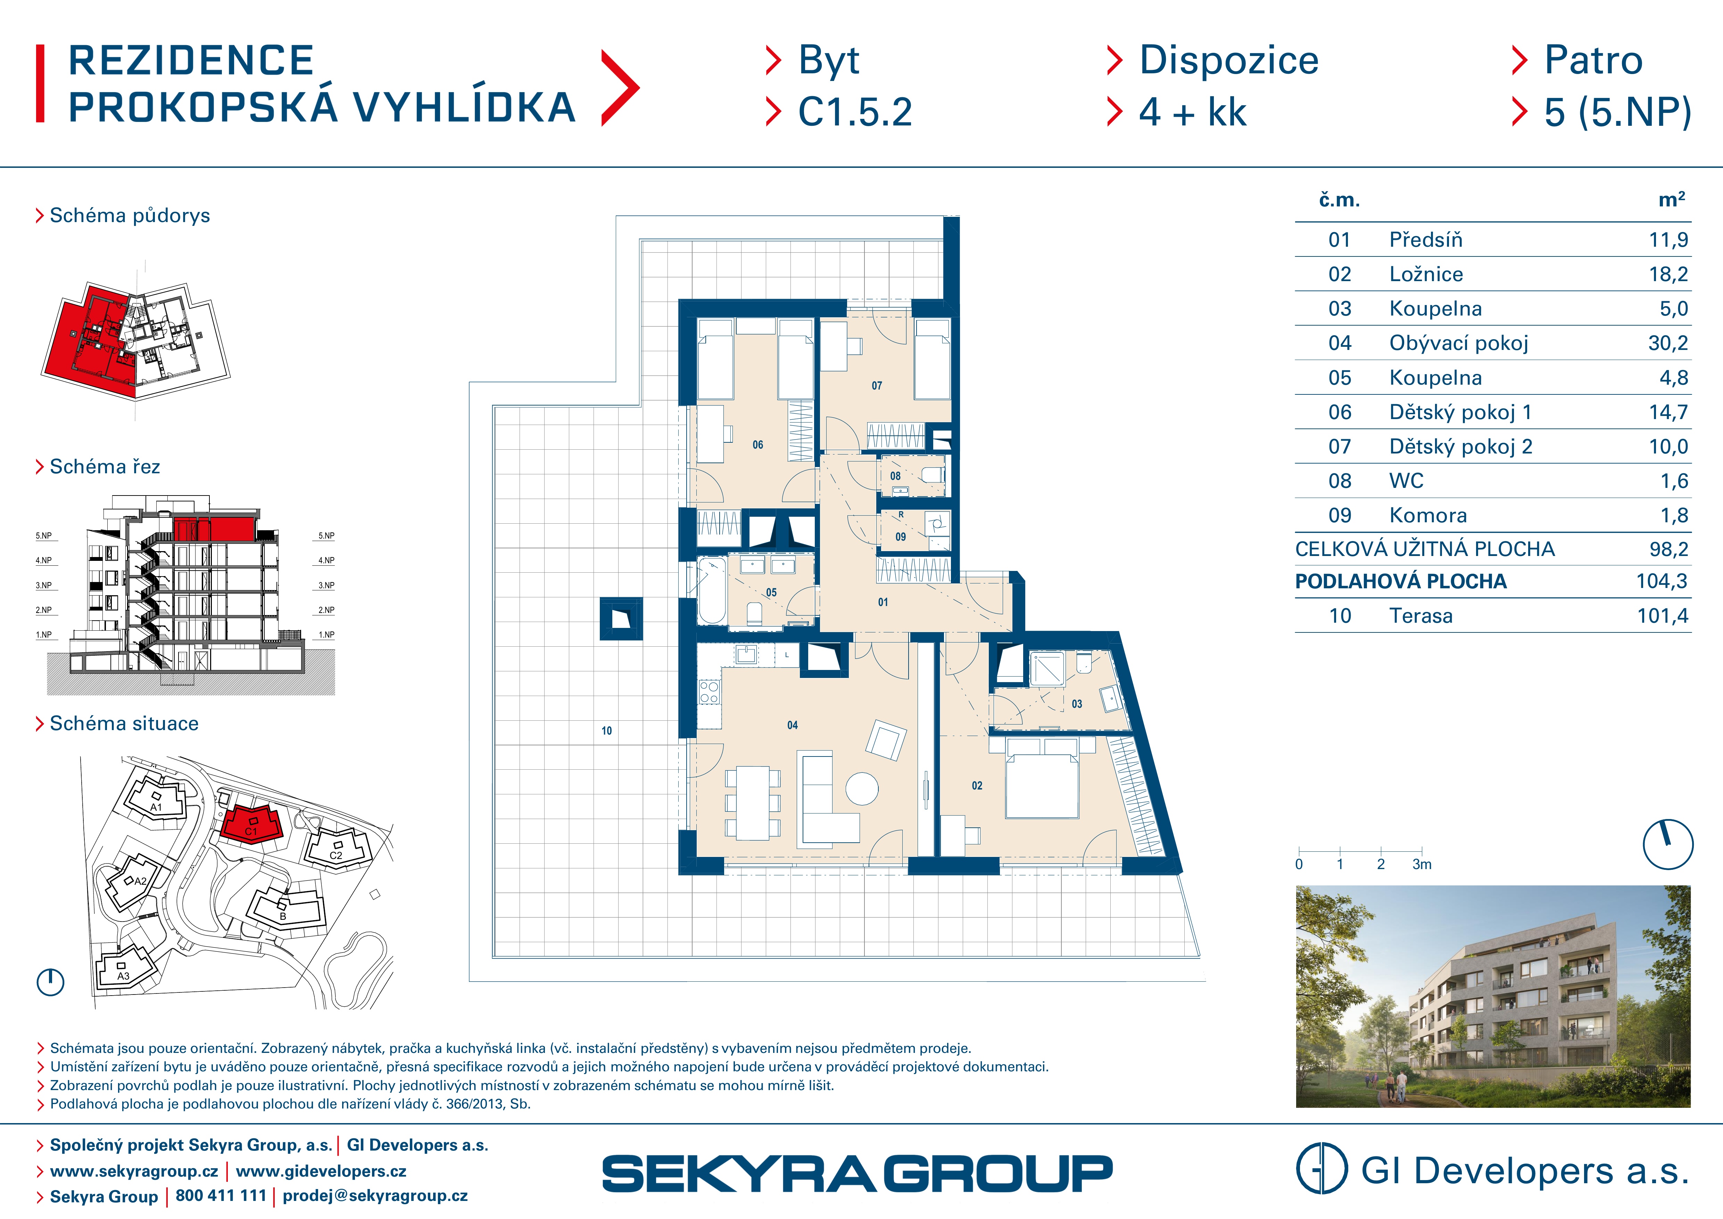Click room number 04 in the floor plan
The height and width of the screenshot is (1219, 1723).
point(793,725)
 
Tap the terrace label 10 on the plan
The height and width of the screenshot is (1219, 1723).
point(606,730)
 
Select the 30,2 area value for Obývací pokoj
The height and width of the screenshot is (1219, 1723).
point(1667,343)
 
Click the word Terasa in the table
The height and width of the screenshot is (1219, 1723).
point(1420,615)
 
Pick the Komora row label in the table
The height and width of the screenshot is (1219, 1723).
point(1427,515)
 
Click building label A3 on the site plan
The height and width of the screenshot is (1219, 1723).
point(123,976)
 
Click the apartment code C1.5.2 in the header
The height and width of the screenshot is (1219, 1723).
point(855,113)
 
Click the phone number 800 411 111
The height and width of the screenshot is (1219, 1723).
point(221,1196)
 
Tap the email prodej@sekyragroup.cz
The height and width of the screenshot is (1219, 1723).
point(375,1196)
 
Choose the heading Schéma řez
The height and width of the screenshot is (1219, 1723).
point(105,467)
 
